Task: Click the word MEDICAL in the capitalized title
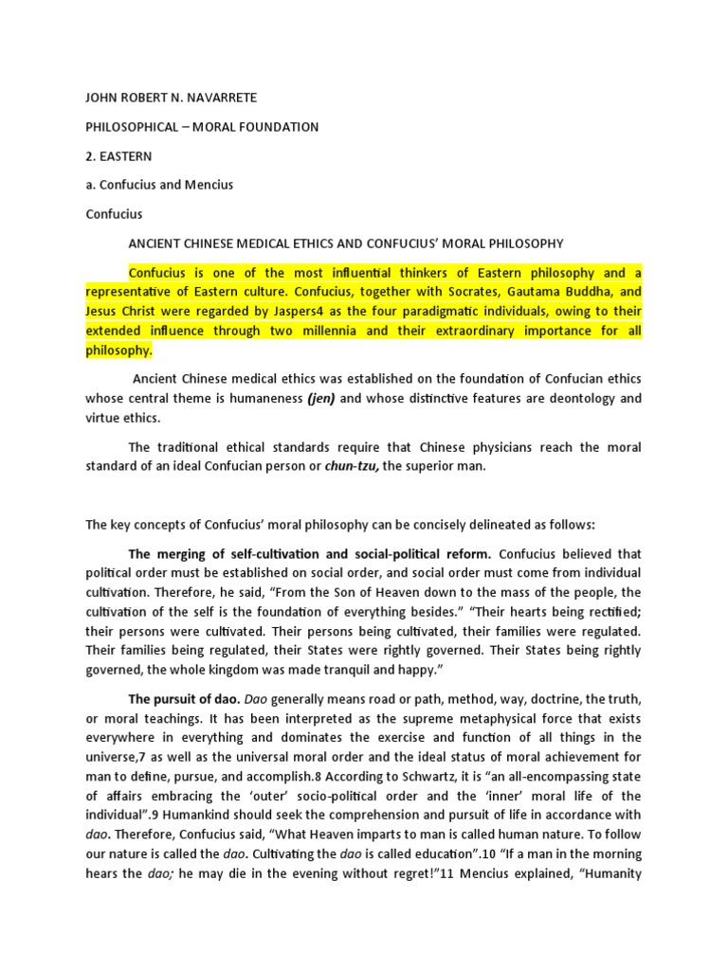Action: point(276,242)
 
